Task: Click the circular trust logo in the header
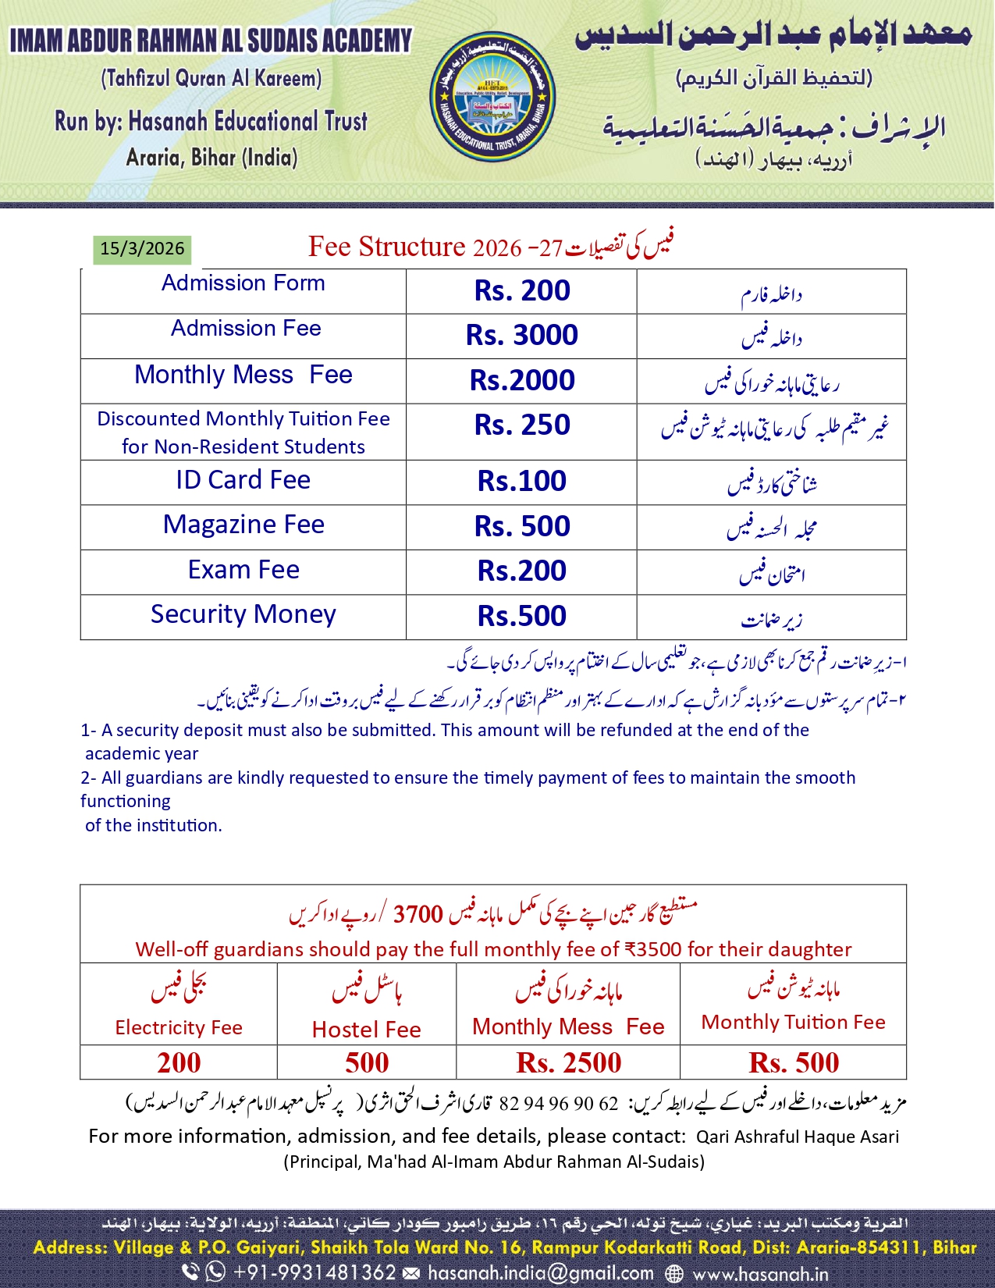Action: coord(492,97)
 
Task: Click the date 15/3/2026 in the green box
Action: coord(142,249)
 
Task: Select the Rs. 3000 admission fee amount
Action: coord(522,336)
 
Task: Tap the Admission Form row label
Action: coord(243,283)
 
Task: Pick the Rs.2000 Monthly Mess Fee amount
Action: coord(522,381)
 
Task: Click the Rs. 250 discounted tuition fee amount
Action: coord(522,425)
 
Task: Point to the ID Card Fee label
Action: coord(243,480)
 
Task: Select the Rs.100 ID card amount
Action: coord(522,482)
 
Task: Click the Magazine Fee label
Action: coord(243,525)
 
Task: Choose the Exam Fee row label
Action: coord(243,570)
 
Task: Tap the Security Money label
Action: coord(243,614)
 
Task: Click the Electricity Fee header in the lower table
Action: coord(179,1028)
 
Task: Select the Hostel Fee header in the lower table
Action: coord(367,1030)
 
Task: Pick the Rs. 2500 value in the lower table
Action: coord(569,1063)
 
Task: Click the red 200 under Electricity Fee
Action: coord(179,1063)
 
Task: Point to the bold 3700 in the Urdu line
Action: coord(418,914)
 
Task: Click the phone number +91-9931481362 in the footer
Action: coord(314,1273)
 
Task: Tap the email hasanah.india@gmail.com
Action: coord(541,1273)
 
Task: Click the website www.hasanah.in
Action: coord(761,1275)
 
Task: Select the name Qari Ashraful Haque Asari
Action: coord(798,1137)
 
